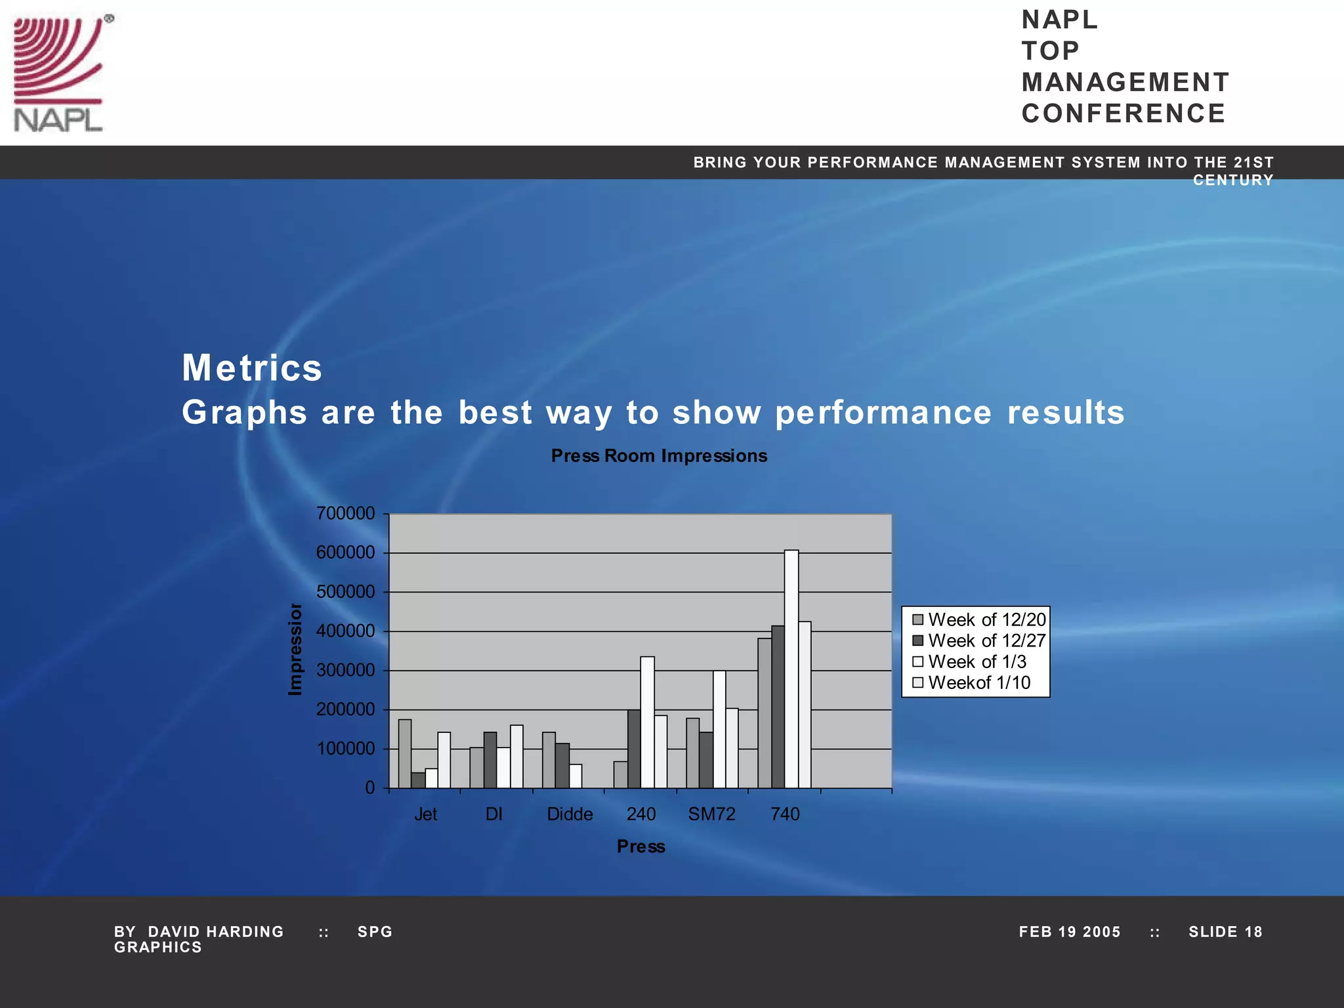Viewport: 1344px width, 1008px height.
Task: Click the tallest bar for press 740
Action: point(791,669)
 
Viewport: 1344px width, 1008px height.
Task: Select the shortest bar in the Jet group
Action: point(418,780)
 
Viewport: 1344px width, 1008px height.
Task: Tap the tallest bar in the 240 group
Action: point(647,722)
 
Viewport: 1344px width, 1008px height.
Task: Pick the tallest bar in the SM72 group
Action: point(719,729)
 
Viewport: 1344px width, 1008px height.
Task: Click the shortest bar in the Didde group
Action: point(575,776)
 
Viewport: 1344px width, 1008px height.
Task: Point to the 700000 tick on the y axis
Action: point(346,513)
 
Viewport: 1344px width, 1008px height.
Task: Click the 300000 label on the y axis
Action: point(346,670)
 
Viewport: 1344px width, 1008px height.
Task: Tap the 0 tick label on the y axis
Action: point(370,787)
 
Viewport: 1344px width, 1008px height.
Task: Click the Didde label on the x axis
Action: point(570,814)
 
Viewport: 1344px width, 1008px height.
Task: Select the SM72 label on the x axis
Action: point(711,814)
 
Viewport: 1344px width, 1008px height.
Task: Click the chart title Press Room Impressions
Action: point(659,456)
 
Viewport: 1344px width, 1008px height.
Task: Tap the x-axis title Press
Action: point(641,847)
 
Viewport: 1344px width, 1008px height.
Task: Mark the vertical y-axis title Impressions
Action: point(296,649)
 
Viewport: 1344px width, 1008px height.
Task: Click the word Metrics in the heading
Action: point(252,367)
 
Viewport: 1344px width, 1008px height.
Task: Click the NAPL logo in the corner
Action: point(59,73)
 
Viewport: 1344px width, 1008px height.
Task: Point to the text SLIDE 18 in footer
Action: point(1225,932)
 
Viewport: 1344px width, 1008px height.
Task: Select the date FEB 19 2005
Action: point(1070,932)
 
